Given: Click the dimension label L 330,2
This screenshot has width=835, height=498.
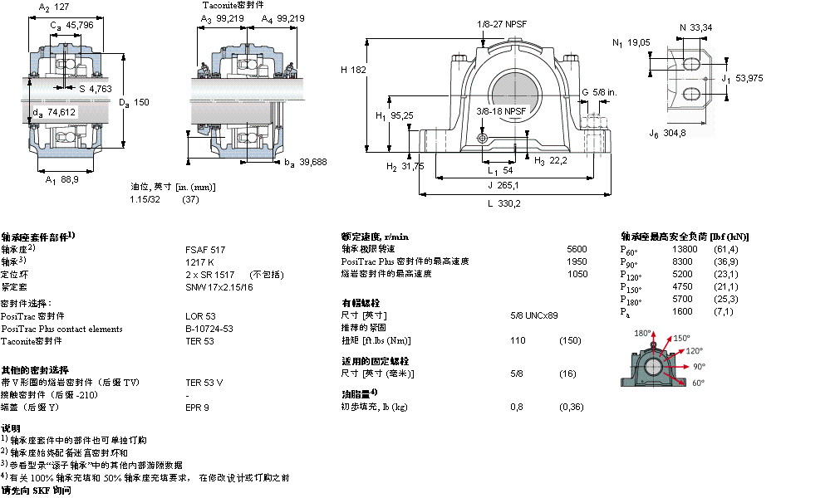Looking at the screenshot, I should pyautogui.click(x=503, y=203).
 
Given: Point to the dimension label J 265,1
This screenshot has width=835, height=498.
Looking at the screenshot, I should pyautogui.click(x=503, y=185).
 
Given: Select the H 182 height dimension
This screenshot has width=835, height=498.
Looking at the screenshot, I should pyautogui.click(x=353, y=71).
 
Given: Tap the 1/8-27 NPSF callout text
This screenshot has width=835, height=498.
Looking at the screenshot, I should pyautogui.click(x=501, y=23).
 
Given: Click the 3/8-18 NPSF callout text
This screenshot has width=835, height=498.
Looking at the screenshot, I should pyautogui.click(x=502, y=110).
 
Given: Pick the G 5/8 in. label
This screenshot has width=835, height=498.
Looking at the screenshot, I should pyautogui.click(x=598, y=92).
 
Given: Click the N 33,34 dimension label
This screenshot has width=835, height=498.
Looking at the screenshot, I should pyautogui.click(x=695, y=27).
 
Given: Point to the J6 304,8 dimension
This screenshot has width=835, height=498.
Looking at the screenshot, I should pyautogui.click(x=668, y=133).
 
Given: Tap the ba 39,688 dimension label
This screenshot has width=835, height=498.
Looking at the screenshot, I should pyautogui.click(x=307, y=162).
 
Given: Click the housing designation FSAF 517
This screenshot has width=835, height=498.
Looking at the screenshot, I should pyautogui.click(x=204, y=249).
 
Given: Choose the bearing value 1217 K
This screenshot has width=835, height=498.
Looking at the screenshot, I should pyautogui.click(x=199, y=261).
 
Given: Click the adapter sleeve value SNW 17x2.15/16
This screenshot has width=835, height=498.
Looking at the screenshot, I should pyautogui.click(x=219, y=286).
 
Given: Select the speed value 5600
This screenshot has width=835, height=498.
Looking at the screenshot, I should pyautogui.click(x=577, y=249).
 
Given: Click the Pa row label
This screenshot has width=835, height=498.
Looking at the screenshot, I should pyautogui.click(x=625, y=312).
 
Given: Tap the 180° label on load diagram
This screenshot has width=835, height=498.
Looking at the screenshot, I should pyautogui.click(x=642, y=333).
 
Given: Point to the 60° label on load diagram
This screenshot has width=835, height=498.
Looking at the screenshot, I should pyautogui.click(x=698, y=383).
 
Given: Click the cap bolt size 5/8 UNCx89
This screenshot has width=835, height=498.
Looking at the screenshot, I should pyautogui.click(x=534, y=315).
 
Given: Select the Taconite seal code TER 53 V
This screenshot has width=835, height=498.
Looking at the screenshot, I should pyautogui.click(x=204, y=382).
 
